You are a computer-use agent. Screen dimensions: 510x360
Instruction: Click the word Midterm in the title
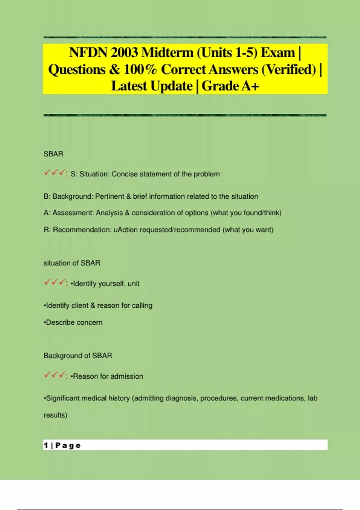(167, 53)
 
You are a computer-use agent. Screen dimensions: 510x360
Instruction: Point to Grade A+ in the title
(230, 86)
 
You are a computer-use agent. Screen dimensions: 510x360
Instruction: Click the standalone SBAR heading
(53, 154)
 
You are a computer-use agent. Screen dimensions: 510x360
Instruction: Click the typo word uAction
(126, 230)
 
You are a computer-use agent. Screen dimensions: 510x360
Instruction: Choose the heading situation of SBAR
(72, 263)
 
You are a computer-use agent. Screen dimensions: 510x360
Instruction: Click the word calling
(142, 306)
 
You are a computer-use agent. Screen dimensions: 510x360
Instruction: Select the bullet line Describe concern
(73, 322)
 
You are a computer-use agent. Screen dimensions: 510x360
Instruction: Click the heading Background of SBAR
(78, 356)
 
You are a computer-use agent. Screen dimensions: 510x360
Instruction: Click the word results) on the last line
(55, 415)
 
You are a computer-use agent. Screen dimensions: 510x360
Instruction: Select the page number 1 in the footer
(46, 445)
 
